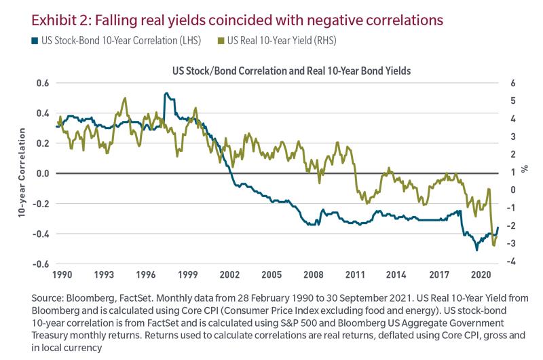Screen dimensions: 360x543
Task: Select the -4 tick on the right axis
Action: (x=512, y=262)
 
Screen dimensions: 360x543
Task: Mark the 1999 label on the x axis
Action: (x=189, y=275)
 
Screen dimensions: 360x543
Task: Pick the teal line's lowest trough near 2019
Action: (x=476, y=249)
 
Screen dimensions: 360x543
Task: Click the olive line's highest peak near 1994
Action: (x=125, y=98)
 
